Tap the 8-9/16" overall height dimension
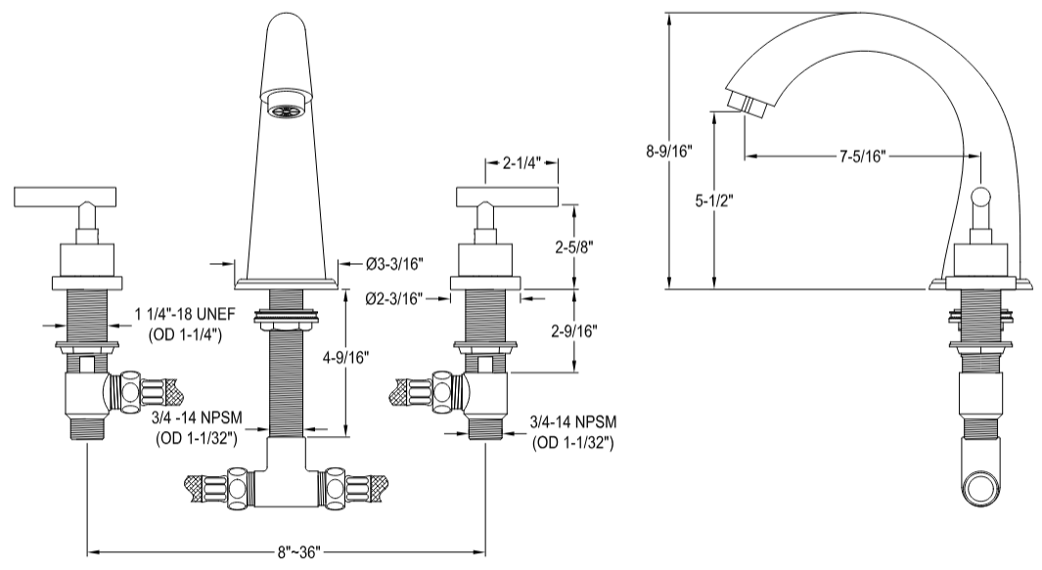[669, 152]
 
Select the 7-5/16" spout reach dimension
[861, 155]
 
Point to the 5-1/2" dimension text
[713, 201]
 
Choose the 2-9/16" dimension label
[574, 330]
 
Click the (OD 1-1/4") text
[185, 336]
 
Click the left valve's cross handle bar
[65, 197]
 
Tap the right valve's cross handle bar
[508, 197]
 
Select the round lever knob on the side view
[979, 202]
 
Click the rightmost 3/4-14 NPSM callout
[573, 421]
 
